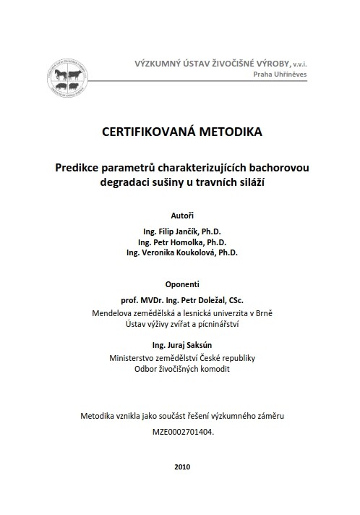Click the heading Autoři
[182, 215]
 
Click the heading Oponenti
[182, 284]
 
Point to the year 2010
[183, 467]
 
